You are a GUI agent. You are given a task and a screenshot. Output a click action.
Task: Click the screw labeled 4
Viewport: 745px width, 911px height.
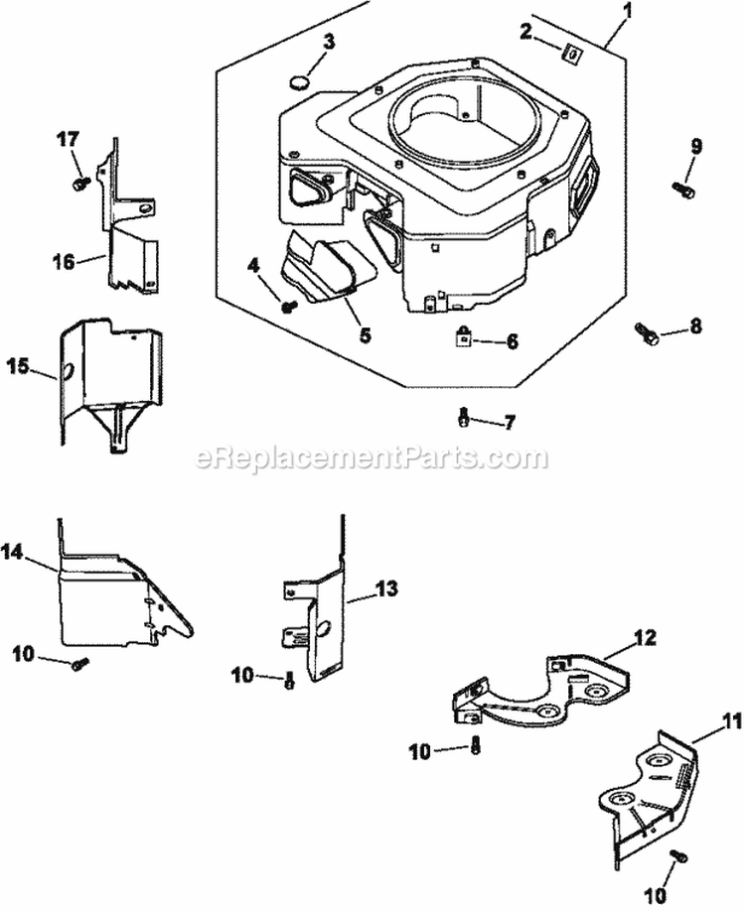289,306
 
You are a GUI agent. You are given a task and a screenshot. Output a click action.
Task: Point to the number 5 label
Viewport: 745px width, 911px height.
365,335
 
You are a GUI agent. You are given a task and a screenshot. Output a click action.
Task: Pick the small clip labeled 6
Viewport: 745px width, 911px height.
464,337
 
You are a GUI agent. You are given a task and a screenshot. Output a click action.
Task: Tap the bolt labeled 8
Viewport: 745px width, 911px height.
644,333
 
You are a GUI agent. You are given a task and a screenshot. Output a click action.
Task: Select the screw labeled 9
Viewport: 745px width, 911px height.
683,187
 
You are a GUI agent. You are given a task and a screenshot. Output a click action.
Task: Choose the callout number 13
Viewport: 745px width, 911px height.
385,588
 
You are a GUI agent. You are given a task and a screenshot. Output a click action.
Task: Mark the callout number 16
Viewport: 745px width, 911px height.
65,261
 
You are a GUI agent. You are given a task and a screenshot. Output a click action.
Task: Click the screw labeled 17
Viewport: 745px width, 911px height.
80,183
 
